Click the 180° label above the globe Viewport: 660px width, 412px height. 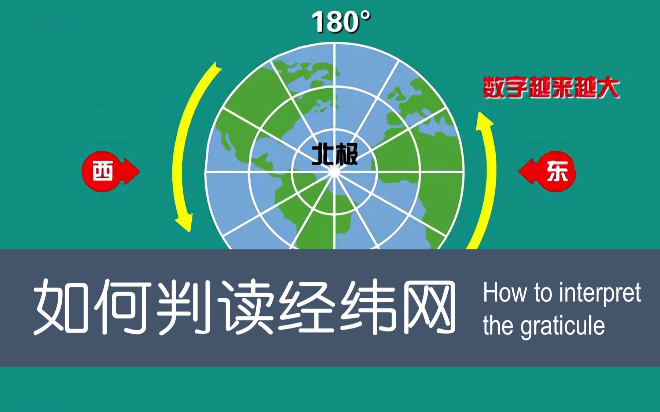coord(341,22)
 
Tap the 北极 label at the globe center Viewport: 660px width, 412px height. coord(334,154)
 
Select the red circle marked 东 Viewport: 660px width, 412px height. coord(557,171)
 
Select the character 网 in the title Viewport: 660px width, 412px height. coord(428,306)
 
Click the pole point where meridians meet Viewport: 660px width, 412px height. coord(334,171)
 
